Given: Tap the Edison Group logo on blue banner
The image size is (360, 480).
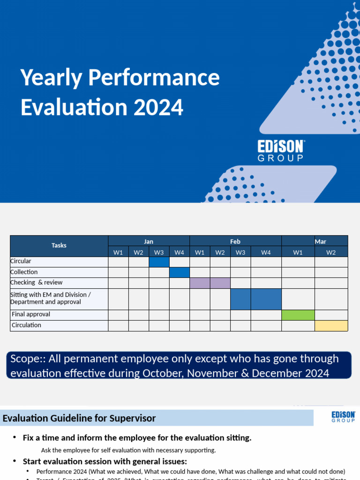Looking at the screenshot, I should point(281,150).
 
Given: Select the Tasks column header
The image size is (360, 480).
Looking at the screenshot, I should point(59,246).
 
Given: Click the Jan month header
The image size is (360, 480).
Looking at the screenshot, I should point(149,241).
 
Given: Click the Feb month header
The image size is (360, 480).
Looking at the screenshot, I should point(235,241).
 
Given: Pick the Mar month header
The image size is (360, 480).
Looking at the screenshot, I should point(320,241).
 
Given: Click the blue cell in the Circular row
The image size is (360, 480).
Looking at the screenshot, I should point(159,262).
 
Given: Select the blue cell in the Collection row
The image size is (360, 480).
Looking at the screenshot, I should point(179,272).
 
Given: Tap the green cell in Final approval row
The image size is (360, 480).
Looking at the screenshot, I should point(298,315).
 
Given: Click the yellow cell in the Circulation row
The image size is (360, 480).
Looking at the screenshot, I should point(331,325).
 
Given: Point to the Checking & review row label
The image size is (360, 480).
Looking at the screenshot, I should point(36,283).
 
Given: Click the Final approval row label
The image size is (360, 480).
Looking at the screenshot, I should point(31,315).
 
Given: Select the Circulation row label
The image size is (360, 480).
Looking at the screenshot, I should point(27,325).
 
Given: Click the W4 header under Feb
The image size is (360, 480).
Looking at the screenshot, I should point(266,252).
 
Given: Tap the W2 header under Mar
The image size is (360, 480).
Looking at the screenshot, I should point(331,252).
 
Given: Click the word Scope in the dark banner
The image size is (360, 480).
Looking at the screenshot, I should point(26,359).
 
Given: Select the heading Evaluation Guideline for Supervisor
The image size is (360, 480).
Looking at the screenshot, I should point(80,418).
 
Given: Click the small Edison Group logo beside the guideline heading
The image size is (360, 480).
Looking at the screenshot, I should point(343,417).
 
